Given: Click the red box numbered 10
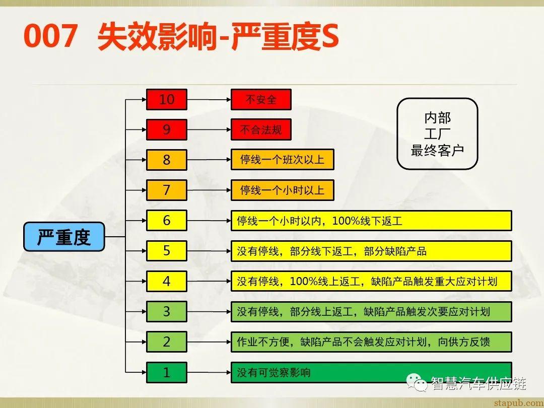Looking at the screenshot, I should (167, 99).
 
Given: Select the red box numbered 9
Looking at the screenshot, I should (167, 129).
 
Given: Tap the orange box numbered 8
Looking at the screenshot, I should (167, 160).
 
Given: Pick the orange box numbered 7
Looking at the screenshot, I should (167, 190).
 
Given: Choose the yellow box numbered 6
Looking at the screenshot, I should (167, 221).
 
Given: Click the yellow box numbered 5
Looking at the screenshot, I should (167, 251).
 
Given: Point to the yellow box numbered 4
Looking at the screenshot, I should (167, 281).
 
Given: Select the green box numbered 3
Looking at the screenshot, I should (167, 311).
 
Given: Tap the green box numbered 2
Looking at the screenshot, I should (167, 342).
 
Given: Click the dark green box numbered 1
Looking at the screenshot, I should (167, 372).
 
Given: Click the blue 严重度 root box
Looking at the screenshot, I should (64, 236).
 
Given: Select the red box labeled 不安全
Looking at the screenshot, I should (261, 99).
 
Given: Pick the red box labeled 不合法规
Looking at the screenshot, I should (261, 129).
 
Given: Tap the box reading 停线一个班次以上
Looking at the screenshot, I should (282, 160).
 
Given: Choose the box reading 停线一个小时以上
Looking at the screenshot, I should (282, 190).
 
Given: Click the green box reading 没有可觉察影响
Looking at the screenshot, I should (371, 372).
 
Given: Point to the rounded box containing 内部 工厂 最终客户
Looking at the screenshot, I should (437, 133).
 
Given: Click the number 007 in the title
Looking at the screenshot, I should (50, 37).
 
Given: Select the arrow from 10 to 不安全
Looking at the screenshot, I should (209, 99).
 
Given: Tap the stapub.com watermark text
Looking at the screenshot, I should (517, 402).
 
